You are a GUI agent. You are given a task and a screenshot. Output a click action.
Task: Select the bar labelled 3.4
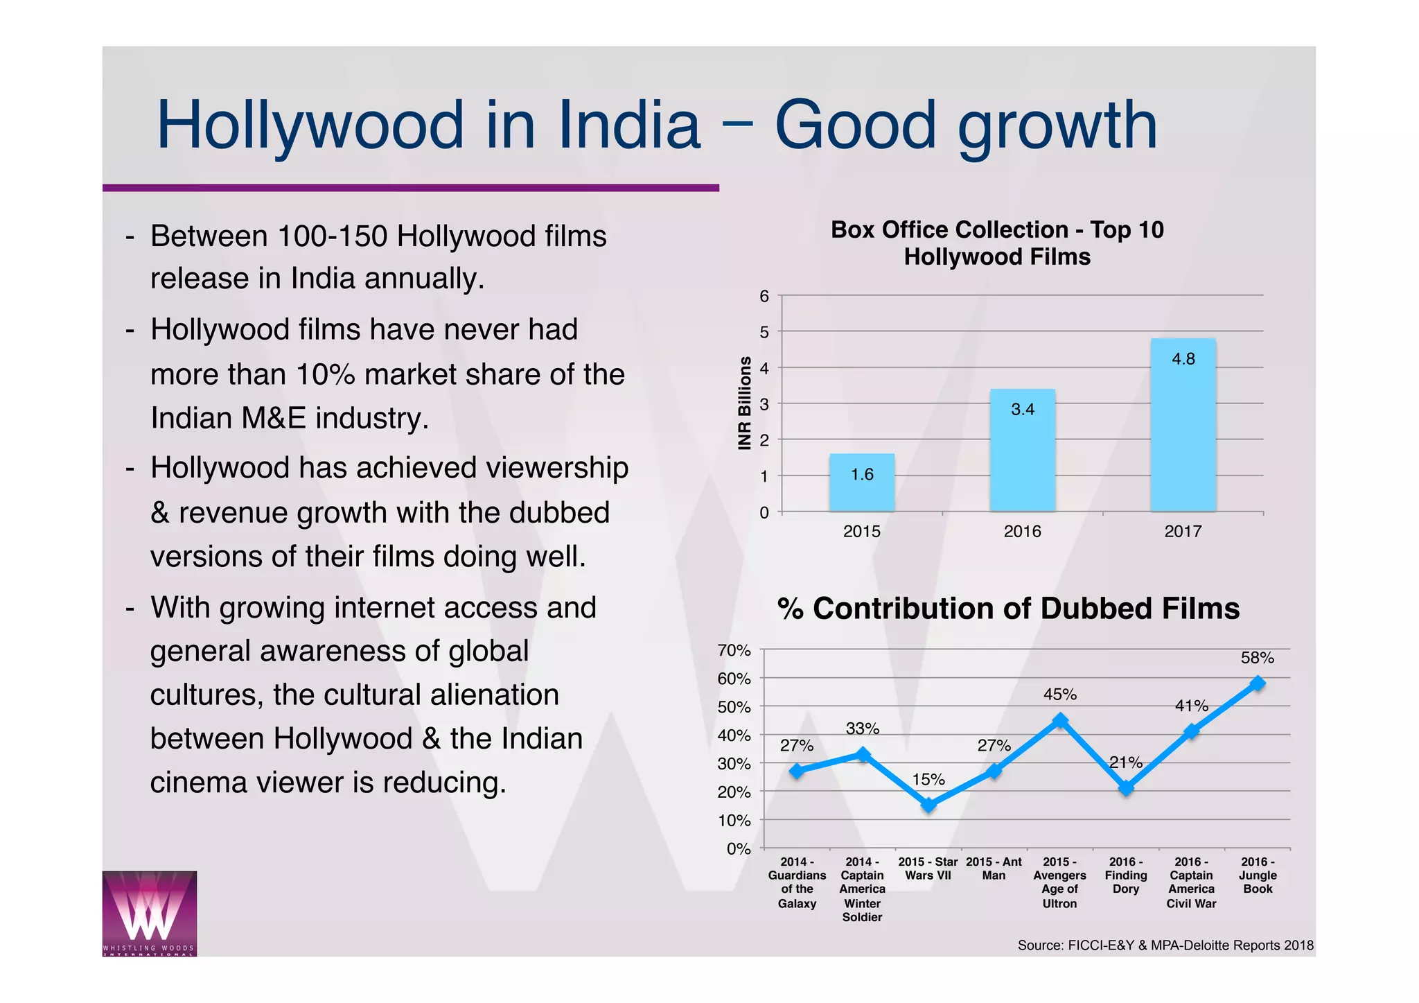(x=1022, y=451)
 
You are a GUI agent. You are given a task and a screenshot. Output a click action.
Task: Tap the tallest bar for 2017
(x=1183, y=424)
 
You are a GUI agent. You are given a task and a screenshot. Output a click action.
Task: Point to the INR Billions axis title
(x=745, y=403)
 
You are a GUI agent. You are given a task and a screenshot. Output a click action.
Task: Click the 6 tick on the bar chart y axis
(x=764, y=297)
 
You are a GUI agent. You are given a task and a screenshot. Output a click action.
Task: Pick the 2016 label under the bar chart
(x=1022, y=532)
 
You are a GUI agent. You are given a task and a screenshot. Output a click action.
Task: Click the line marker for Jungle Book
(x=1258, y=683)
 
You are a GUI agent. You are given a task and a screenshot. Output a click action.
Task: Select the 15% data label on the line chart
(x=928, y=780)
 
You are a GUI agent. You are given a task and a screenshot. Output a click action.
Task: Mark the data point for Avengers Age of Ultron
(x=1060, y=721)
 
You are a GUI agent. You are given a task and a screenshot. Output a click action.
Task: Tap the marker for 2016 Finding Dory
(x=1126, y=788)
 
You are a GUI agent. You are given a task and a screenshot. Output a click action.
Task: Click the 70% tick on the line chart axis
(x=734, y=651)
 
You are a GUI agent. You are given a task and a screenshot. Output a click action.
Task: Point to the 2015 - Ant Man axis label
(x=994, y=869)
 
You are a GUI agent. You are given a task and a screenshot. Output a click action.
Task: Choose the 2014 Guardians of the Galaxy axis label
(x=797, y=882)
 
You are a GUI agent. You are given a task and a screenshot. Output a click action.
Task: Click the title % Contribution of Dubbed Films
(x=1008, y=609)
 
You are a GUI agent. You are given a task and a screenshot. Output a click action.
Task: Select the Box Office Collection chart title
(x=997, y=243)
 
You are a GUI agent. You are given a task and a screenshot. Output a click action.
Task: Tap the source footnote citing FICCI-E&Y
(x=1165, y=945)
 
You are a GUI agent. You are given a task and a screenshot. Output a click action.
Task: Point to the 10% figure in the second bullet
(x=325, y=375)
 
